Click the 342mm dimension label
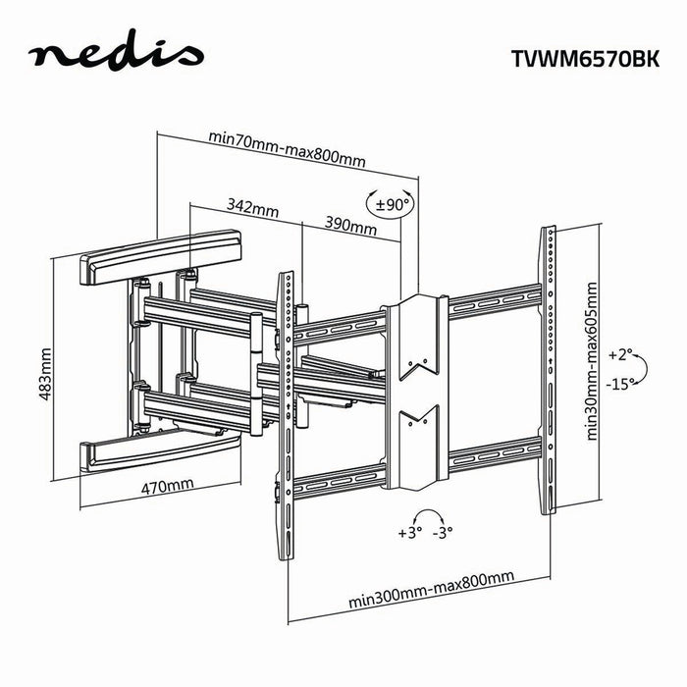coord(252,208)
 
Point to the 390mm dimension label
coord(350,227)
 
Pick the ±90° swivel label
coord(392,205)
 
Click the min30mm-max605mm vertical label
coord(590,362)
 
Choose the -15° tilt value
coord(620,384)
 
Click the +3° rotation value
coord(409,533)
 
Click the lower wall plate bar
coord(161,450)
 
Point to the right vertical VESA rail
coord(549,368)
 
